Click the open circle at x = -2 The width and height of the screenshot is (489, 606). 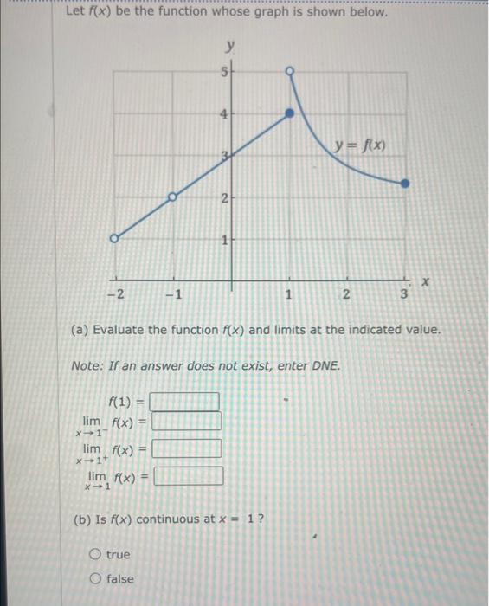114,238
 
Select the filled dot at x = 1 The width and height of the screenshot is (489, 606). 290,113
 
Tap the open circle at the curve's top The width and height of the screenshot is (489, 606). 290,70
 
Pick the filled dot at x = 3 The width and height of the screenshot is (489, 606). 406,183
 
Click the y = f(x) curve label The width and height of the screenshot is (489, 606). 362,145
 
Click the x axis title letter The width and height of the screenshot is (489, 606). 426,282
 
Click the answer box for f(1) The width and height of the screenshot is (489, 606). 184,402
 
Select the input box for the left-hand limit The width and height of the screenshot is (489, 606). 187,422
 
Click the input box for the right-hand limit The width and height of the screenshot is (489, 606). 187,449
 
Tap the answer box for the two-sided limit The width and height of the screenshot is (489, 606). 189,476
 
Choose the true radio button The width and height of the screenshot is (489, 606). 93,554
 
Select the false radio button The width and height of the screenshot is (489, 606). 93,577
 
